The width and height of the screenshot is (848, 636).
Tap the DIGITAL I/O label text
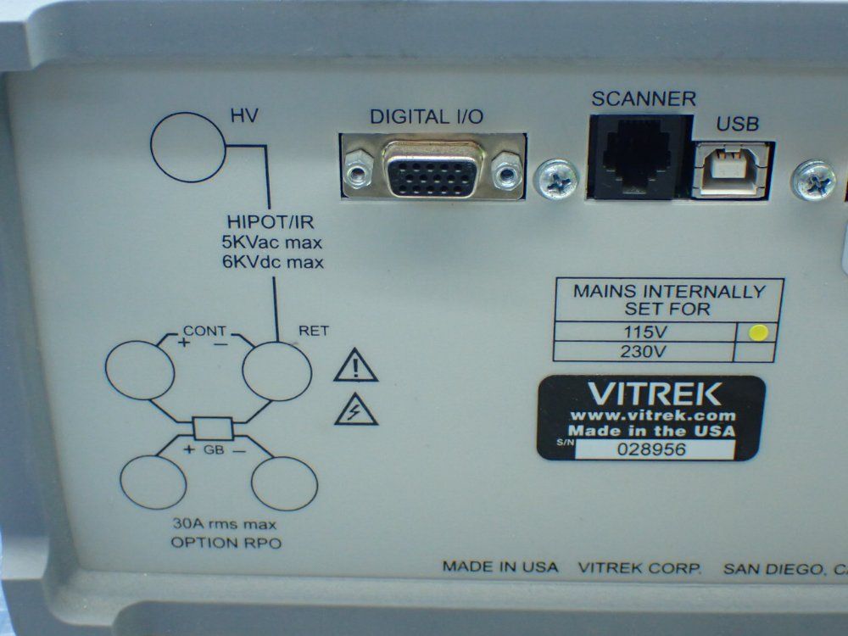[x=427, y=117]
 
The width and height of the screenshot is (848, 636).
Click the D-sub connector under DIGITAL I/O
[x=432, y=169]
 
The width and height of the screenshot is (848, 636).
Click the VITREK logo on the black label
[x=652, y=393]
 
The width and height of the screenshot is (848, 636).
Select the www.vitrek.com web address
[x=651, y=416]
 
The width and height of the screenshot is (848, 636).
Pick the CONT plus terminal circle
[x=141, y=371]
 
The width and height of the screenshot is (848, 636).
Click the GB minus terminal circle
[x=285, y=481]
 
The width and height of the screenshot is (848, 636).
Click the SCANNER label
[x=643, y=98]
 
